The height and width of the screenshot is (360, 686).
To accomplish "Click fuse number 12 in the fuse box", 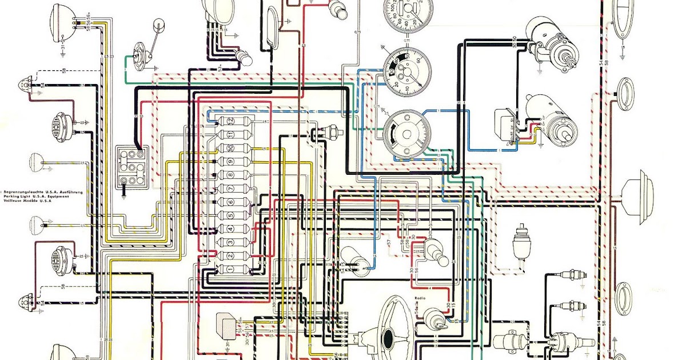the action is tap(230, 121).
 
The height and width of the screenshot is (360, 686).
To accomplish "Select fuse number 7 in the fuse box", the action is tap(230, 189).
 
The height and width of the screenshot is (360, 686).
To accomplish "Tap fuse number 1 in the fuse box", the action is tap(230, 269).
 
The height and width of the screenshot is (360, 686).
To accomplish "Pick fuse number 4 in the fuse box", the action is tap(230, 229).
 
